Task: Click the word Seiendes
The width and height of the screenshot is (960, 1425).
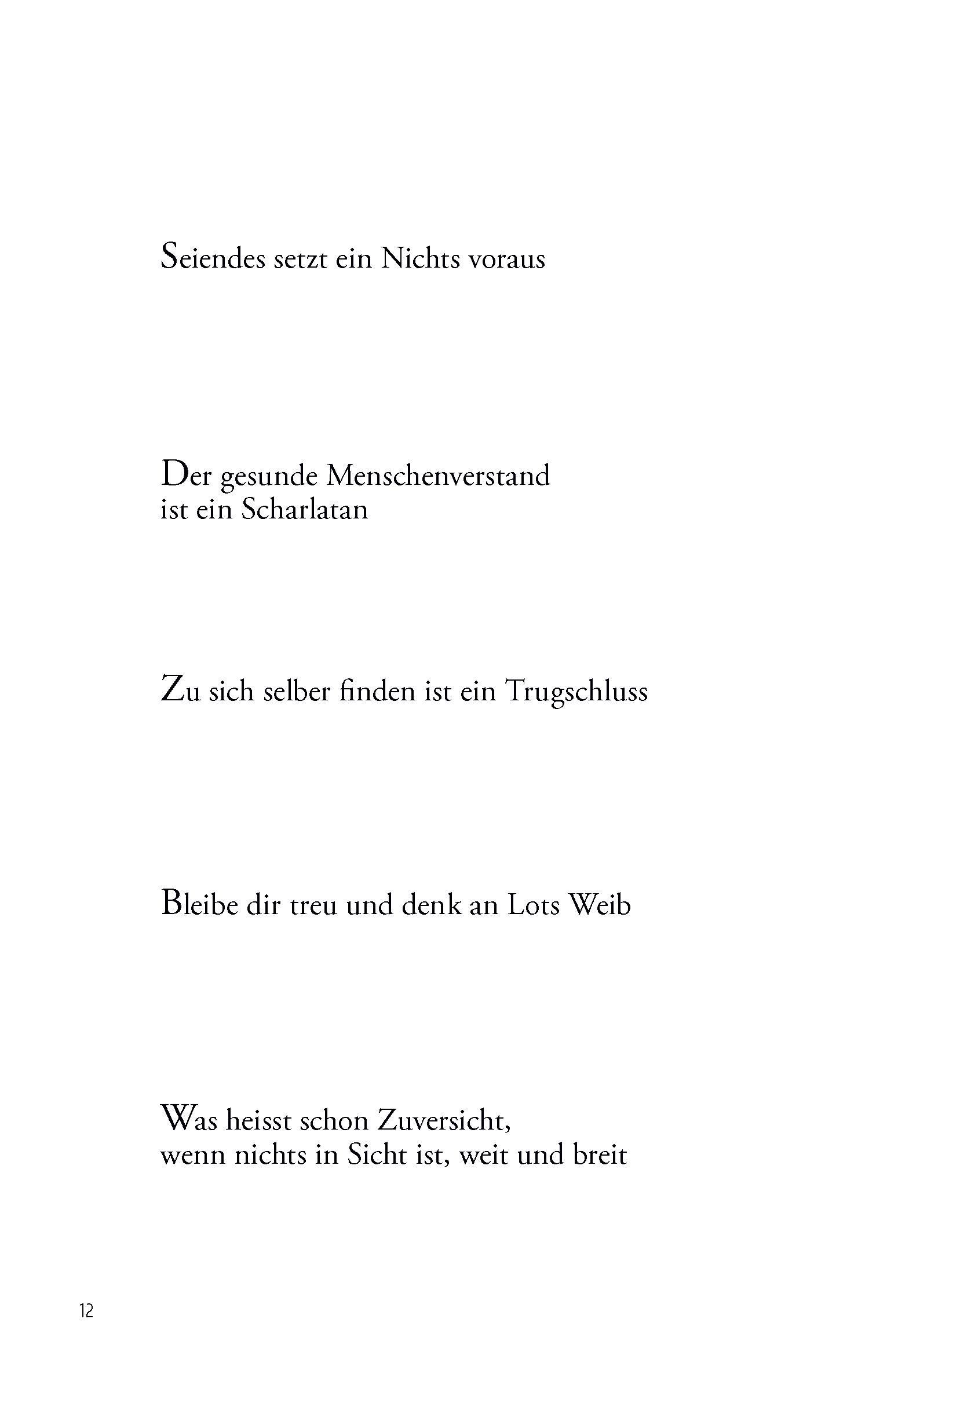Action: [214, 258]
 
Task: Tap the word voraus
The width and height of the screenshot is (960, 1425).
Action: [506, 260]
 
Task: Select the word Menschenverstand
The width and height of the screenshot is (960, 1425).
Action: [439, 476]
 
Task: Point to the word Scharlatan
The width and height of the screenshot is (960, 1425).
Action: [305, 510]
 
